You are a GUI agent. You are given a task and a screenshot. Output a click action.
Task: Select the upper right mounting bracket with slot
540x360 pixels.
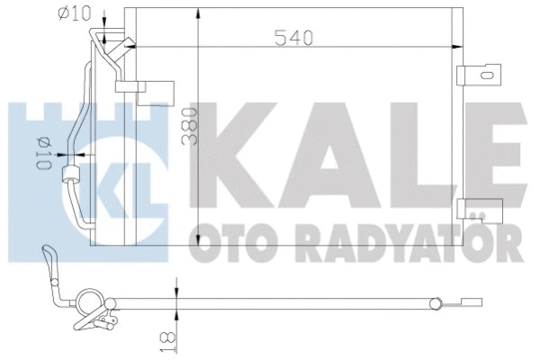pos(476,76)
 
